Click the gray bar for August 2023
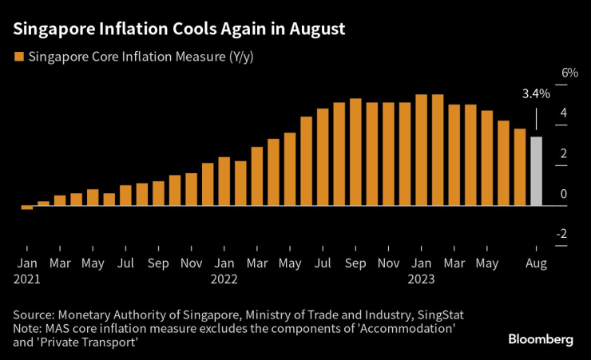click(x=536, y=172)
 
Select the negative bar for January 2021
click(x=27, y=208)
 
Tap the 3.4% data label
click(x=536, y=94)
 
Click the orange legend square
click(x=18, y=57)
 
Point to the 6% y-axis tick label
click(x=569, y=73)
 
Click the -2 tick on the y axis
click(x=563, y=234)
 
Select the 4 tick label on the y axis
click(x=565, y=113)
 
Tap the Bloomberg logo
click(x=541, y=339)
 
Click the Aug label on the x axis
click(x=536, y=262)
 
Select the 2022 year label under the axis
click(x=224, y=280)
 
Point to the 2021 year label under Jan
click(x=27, y=280)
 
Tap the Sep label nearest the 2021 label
click(x=158, y=262)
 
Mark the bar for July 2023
click(x=520, y=167)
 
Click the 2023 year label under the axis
click(x=421, y=280)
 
